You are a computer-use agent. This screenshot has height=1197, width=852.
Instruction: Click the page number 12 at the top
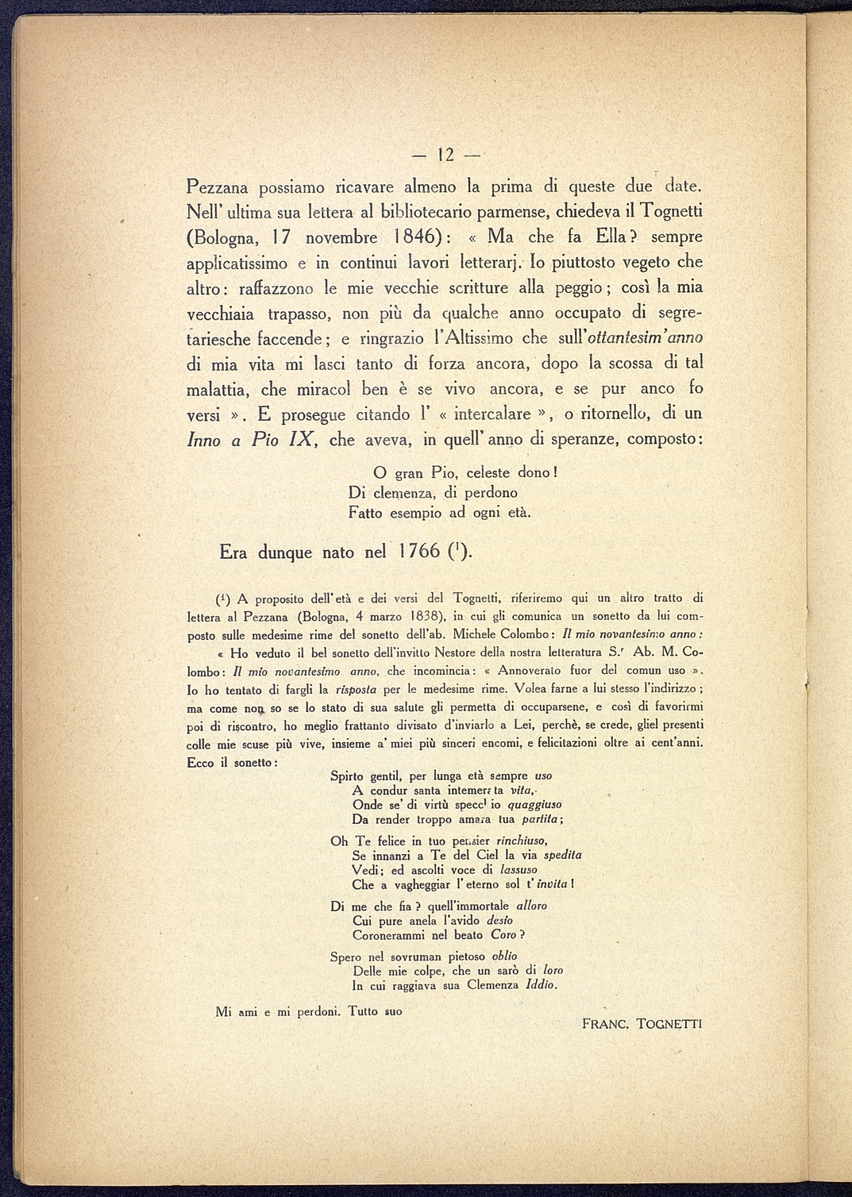[x=445, y=155]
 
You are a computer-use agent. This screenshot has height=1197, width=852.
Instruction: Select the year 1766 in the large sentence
[x=414, y=552]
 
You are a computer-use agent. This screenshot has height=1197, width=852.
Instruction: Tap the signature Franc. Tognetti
[x=642, y=1024]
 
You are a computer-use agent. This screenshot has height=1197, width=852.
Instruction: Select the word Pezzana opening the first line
[x=217, y=187]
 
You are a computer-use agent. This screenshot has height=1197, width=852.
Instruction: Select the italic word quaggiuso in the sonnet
[x=534, y=805]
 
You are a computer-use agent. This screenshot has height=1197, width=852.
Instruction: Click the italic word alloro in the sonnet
[x=531, y=906]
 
